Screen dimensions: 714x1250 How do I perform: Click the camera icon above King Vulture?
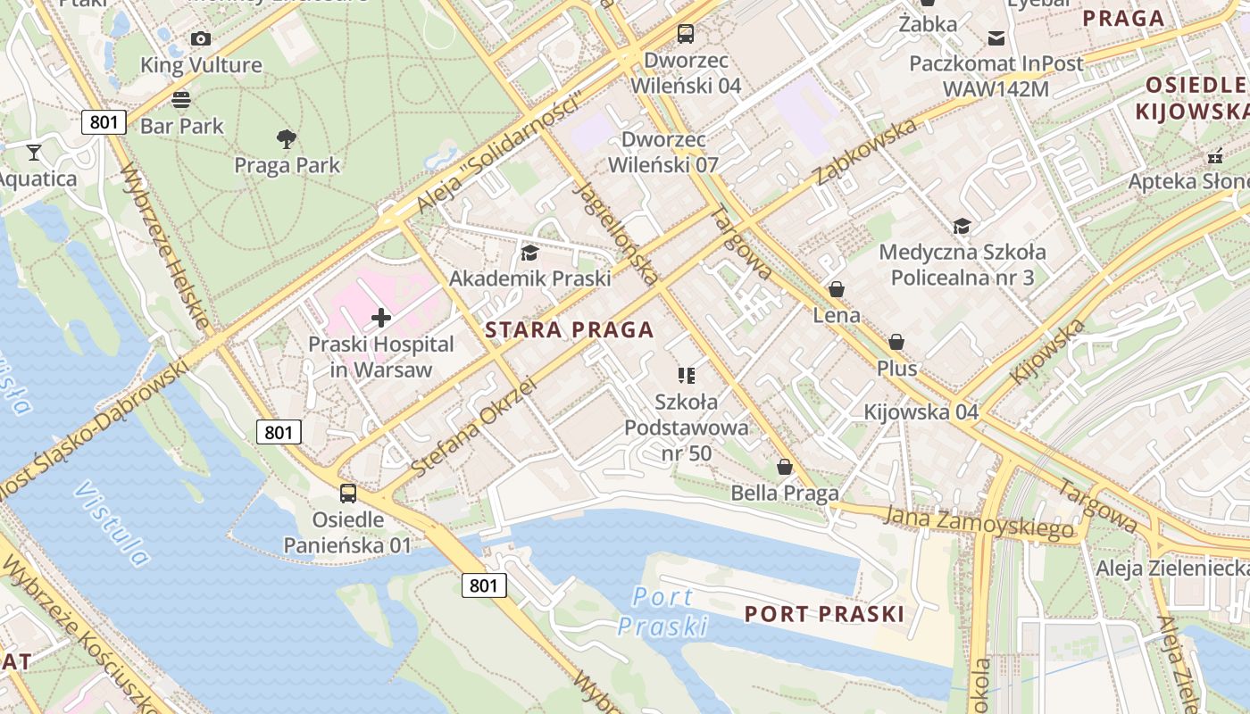(x=201, y=38)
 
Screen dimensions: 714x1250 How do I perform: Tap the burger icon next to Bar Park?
(x=181, y=99)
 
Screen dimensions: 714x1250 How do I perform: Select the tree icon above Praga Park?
(x=287, y=138)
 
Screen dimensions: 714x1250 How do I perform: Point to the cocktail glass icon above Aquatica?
(x=34, y=152)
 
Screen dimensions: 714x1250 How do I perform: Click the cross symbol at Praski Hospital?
(x=381, y=318)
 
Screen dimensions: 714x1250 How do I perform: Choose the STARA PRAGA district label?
(x=569, y=329)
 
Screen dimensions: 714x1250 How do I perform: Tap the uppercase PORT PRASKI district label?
(x=824, y=614)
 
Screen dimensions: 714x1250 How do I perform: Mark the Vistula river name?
(x=112, y=523)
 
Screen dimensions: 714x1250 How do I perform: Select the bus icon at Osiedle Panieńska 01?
(x=348, y=493)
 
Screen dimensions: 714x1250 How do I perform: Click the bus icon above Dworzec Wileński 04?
(x=686, y=34)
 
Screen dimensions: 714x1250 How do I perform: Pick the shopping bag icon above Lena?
(x=837, y=289)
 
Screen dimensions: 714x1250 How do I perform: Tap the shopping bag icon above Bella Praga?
(x=785, y=467)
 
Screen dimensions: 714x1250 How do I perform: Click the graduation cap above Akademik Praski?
(x=529, y=253)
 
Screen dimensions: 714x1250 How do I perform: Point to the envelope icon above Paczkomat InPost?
(x=996, y=37)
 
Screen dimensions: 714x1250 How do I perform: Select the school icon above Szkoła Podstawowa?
(x=686, y=375)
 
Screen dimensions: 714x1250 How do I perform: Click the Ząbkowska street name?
(x=865, y=151)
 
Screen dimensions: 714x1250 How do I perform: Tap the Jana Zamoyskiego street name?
(x=979, y=522)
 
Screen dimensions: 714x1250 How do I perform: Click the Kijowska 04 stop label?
(x=921, y=412)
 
